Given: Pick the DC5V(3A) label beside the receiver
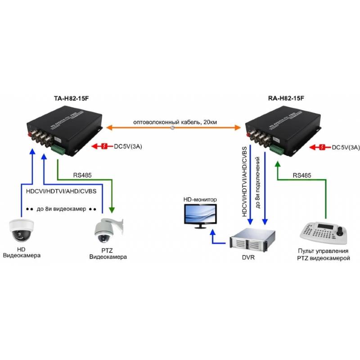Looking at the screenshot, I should click(346, 147).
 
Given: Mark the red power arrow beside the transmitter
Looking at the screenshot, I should click(99, 146).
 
